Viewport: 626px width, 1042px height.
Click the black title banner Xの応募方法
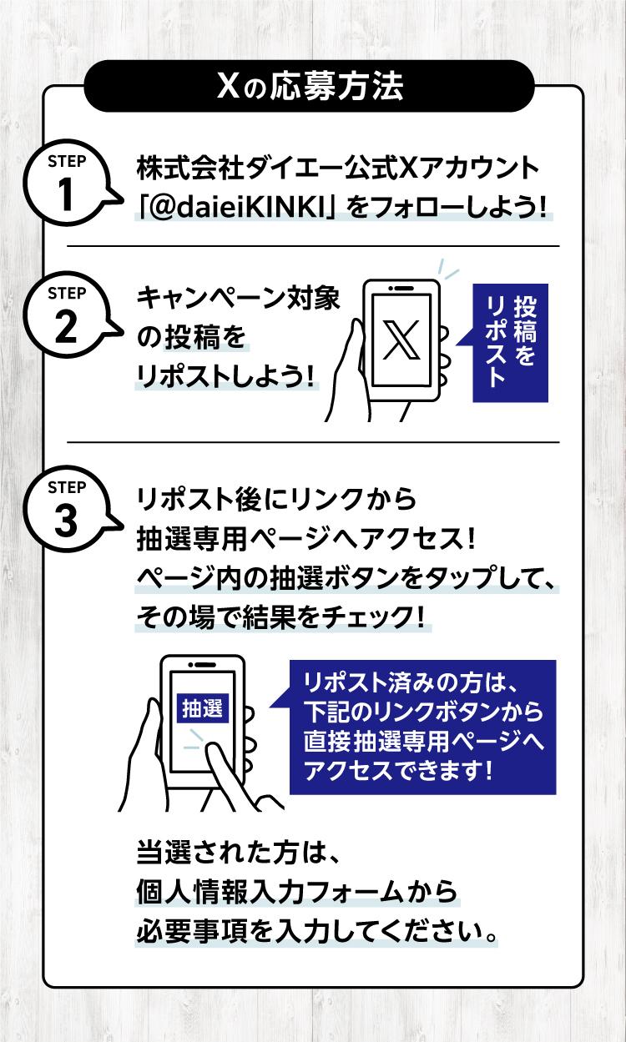pyautogui.click(x=309, y=86)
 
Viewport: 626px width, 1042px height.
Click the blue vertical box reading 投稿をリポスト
pyautogui.click(x=510, y=343)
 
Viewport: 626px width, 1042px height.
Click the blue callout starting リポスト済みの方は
pyautogui.click(x=422, y=727)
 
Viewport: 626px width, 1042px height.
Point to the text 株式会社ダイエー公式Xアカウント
pyautogui.click(x=338, y=168)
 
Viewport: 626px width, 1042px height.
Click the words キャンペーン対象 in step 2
pyautogui.click(x=239, y=298)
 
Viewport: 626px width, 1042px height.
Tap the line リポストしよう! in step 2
pyautogui.click(x=225, y=376)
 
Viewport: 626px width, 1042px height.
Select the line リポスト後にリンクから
pyautogui.click(x=276, y=500)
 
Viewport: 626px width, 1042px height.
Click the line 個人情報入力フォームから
pyautogui.click(x=297, y=892)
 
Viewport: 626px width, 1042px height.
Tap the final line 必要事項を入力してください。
pyautogui.click(x=317, y=932)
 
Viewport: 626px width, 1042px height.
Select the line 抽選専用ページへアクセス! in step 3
pyautogui.click(x=305, y=539)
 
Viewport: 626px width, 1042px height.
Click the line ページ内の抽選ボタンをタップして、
pyautogui.click(x=346, y=578)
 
